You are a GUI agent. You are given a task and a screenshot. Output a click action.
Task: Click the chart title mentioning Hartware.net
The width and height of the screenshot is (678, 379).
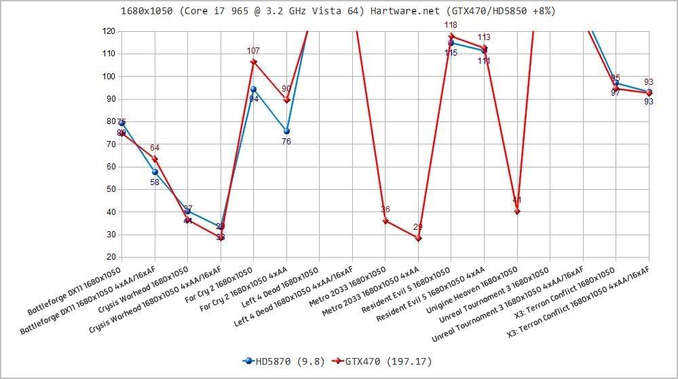coord(338,11)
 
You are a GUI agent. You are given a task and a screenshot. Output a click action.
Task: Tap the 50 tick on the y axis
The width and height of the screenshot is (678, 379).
coord(109,190)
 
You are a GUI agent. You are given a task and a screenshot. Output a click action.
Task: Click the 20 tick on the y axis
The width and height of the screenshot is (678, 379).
coord(109,258)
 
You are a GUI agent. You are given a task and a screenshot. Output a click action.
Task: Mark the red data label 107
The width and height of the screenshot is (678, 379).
coord(253,51)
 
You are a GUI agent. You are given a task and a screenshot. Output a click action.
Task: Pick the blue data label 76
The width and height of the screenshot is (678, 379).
coord(286,142)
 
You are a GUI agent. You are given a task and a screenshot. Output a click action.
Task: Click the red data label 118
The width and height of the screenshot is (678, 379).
coord(451,25)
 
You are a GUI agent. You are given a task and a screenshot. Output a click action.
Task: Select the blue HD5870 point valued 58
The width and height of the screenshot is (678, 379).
coord(155,172)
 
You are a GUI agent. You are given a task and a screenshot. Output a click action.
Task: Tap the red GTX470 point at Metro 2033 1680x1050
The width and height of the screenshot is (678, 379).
coord(385,221)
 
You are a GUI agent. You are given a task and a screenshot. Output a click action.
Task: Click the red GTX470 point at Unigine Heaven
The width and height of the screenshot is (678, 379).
coord(517,212)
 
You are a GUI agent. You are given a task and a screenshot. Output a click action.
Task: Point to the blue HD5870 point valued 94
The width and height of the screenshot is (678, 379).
coord(254,89)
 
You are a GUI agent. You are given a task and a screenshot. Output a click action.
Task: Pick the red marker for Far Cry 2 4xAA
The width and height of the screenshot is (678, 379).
coord(286,100)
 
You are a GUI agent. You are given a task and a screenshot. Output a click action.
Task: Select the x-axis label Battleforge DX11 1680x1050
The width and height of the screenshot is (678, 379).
coord(75,291)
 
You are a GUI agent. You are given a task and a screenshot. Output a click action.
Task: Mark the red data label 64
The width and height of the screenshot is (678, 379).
coord(155,148)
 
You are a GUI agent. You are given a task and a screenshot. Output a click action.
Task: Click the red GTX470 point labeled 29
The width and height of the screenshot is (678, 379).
coord(418,239)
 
